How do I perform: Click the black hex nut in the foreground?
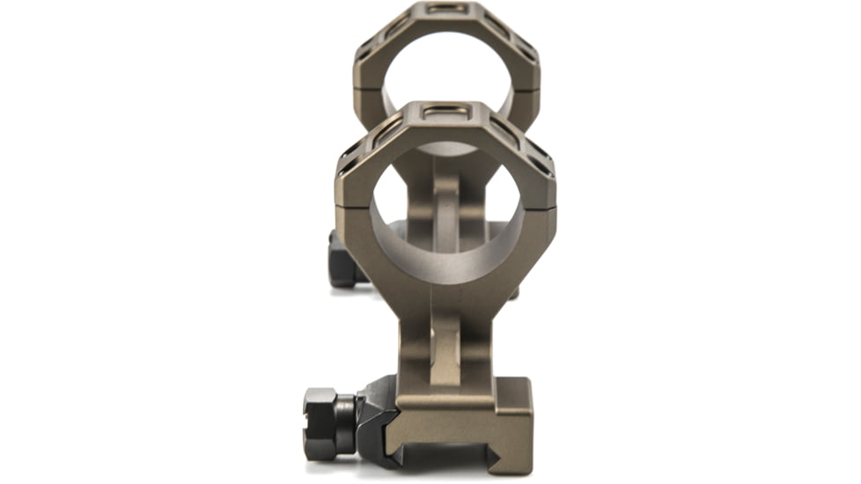click(x=327, y=423)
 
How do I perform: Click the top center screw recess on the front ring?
click(x=445, y=113)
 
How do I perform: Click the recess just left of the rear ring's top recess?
click(x=395, y=25)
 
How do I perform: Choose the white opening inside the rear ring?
click(x=447, y=70)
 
